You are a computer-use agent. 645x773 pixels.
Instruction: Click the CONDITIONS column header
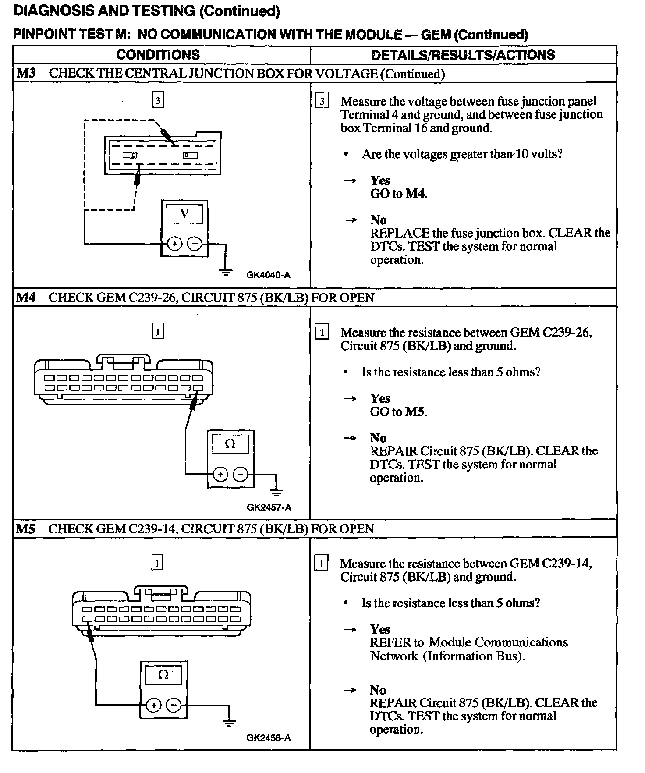point(158,55)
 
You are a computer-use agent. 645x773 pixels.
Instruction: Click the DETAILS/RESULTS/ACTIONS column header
point(463,55)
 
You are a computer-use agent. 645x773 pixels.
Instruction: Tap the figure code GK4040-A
point(268,275)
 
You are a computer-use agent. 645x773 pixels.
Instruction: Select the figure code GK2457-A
point(269,507)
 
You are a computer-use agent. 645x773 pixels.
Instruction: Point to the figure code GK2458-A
point(268,738)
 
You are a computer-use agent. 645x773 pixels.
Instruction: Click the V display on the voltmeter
point(184,214)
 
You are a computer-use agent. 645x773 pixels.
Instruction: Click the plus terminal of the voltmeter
point(174,244)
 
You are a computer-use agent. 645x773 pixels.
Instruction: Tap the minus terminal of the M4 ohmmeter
point(240,474)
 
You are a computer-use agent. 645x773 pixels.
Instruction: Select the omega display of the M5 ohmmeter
point(163,675)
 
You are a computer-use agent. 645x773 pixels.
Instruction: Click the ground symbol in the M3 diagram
point(226,272)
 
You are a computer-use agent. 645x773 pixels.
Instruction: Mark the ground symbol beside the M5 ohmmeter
point(229,723)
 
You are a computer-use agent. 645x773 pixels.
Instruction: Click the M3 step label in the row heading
point(25,73)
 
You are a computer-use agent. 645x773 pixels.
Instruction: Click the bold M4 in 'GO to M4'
point(415,194)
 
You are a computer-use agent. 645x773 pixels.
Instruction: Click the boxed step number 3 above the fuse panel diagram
point(158,101)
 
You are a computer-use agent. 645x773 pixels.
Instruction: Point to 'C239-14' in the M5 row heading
point(153,529)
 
